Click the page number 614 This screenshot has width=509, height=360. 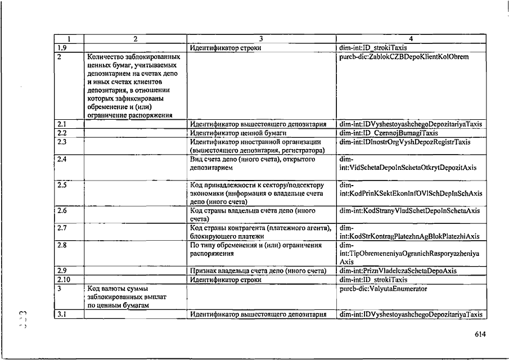(479, 334)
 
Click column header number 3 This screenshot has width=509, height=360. (261, 39)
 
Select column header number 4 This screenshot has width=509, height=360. (411, 39)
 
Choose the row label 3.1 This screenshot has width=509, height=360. (62, 314)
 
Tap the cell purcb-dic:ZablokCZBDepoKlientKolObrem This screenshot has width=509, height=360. (404, 56)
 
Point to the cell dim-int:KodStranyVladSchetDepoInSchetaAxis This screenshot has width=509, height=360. (409, 211)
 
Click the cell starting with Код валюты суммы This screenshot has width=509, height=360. (121, 296)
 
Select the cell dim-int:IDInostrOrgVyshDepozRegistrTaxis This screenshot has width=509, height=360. (405, 142)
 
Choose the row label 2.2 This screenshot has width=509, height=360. (62, 133)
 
